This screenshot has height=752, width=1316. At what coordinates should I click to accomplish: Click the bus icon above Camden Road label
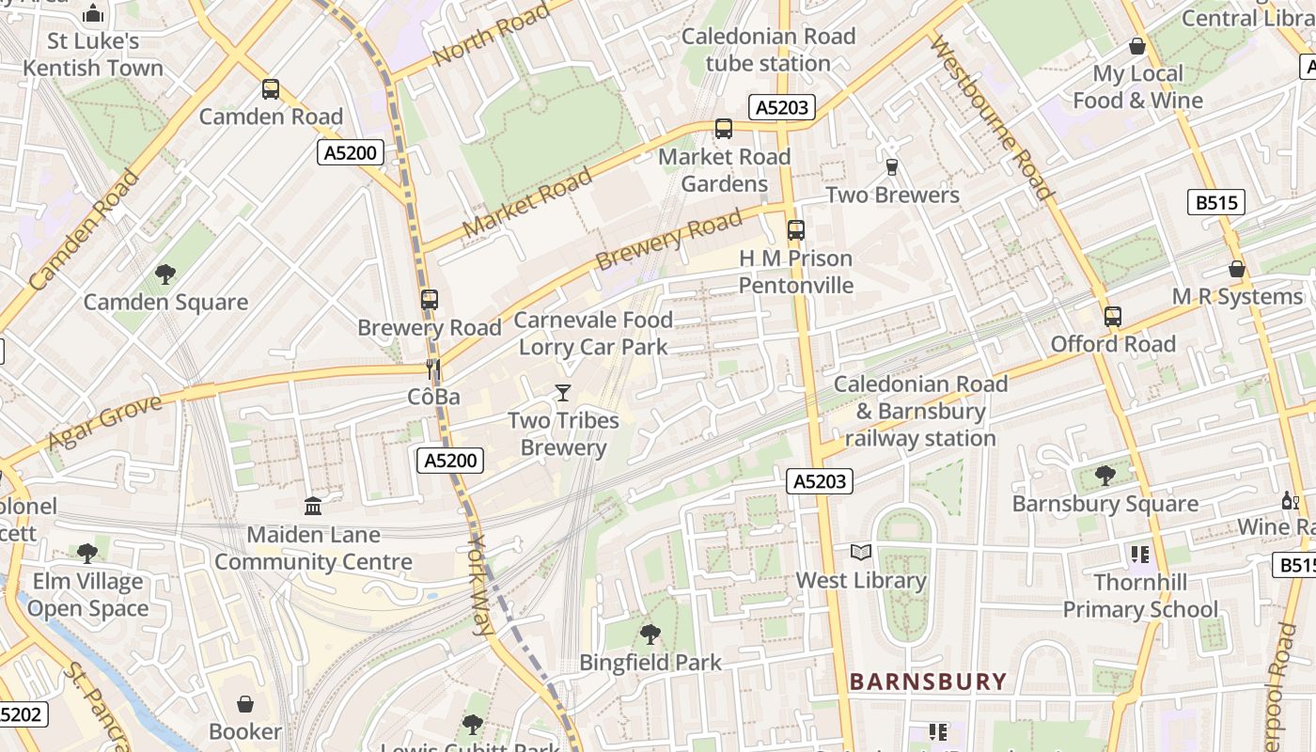click(271, 89)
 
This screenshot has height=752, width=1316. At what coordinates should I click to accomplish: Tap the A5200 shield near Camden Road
click(350, 152)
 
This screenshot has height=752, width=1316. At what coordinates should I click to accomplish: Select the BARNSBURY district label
click(928, 681)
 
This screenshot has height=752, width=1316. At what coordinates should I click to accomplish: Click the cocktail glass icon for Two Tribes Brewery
click(563, 392)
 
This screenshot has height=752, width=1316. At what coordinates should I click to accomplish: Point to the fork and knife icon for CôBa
click(433, 369)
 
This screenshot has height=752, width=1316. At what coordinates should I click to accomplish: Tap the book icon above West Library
click(861, 553)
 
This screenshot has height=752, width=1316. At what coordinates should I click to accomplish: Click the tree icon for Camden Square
click(165, 274)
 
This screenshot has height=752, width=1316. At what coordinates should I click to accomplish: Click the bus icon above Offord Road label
click(1113, 317)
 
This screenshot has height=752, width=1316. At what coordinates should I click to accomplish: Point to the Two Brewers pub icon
click(892, 167)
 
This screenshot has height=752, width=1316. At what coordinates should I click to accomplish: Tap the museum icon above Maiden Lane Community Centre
click(313, 507)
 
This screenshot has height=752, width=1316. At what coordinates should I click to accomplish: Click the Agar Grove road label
click(104, 423)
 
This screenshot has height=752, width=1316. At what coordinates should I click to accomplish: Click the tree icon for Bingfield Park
click(650, 634)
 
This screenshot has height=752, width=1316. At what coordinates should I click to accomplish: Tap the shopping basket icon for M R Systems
click(1237, 270)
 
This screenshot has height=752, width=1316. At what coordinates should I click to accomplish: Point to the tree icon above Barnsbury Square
click(1104, 476)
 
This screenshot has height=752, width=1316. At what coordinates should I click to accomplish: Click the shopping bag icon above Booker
click(245, 704)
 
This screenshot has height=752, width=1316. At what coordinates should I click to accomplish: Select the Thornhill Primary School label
click(1139, 596)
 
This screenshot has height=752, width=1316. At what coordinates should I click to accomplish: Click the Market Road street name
click(527, 201)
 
